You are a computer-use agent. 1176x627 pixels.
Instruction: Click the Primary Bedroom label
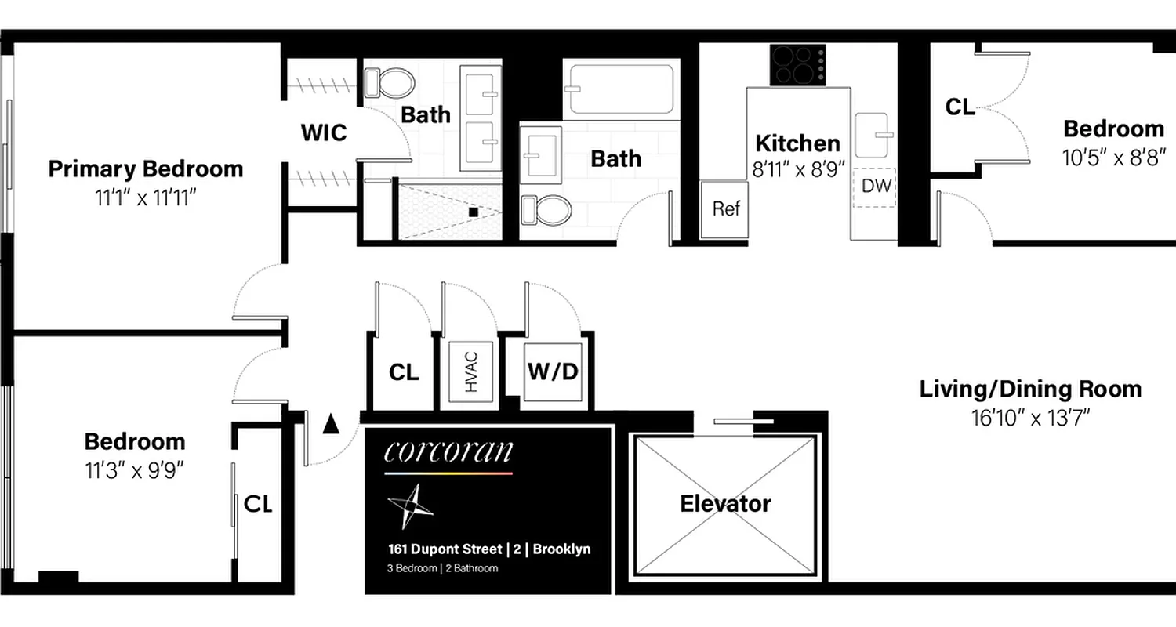pyautogui.click(x=146, y=169)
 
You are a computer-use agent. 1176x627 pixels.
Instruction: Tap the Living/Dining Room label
pyautogui.click(x=1030, y=389)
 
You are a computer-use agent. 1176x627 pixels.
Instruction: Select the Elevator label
pyautogui.click(x=725, y=503)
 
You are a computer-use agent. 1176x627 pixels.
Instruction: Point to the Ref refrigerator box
pyautogui.click(x=726, y=208)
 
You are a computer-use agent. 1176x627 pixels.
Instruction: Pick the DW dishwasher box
pyautogui.click(x=874, y=187)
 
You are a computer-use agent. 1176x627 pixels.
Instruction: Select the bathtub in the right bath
pyautogui.click(x=621, y=89)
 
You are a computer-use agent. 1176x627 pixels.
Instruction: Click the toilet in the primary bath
pyautogui.click(x=388, y=82)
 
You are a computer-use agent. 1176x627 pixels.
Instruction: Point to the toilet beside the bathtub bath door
pyautogui.click(x=547, y=209)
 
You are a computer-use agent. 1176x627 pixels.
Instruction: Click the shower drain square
pyautogui.click(x=474, y=212)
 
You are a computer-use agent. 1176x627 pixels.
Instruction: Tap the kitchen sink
pyautogui.click(x=872, y=135)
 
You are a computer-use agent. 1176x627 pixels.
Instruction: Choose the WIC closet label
pyautogui.click(x=324, y=132)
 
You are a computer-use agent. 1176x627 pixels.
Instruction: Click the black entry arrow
pyautogui.click(x=331, y=424)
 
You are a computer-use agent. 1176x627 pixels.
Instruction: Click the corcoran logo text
pyautogui.click(x=448, y=451)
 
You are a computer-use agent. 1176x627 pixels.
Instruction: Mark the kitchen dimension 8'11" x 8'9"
pyautogui.click(x=797, y=169)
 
